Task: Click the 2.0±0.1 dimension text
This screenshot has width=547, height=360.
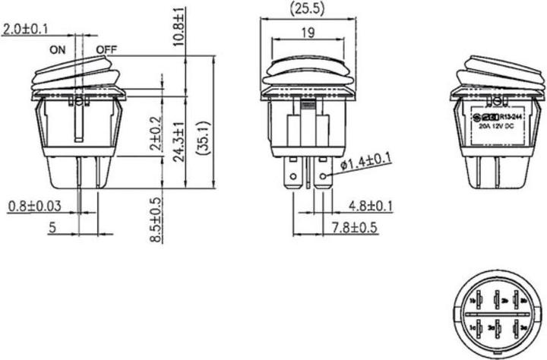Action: click(24, 30)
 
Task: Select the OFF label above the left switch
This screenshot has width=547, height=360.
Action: click(106, 51)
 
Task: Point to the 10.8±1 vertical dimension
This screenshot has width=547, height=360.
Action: click(179, 27)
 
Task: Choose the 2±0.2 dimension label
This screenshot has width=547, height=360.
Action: click(156, 134)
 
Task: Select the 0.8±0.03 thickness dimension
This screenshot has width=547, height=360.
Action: click(34, 206)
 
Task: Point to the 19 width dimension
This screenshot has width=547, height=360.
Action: click(307, 32)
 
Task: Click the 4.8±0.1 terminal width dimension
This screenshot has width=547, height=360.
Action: click(370, 206)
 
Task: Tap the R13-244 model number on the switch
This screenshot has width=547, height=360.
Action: click(507, 118)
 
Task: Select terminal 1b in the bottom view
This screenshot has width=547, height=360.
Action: click(473, 298)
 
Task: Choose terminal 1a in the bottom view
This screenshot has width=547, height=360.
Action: click(473, 327)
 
